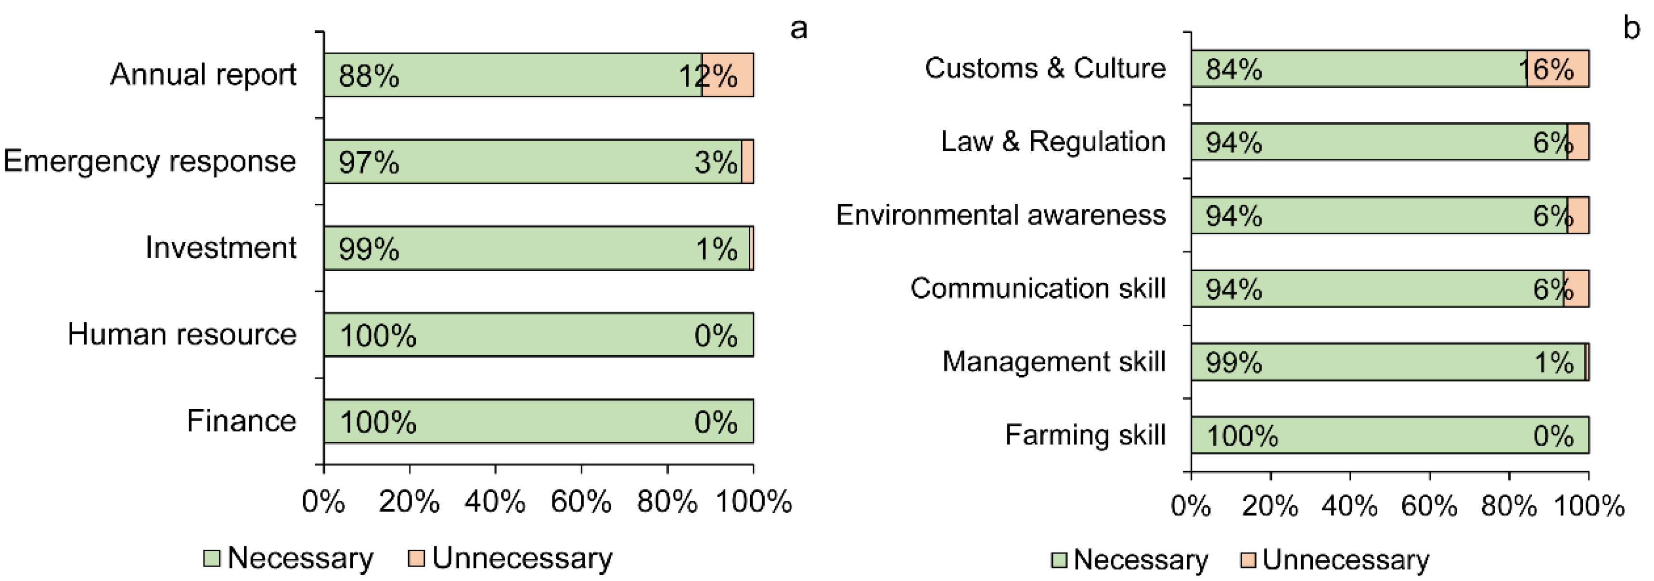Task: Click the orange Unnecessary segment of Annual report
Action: click(728, 75)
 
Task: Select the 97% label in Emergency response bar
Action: click(369, 162)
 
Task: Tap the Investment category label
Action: click(220, 248)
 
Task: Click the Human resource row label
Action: click(182, 334)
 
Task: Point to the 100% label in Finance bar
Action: click(378, 422)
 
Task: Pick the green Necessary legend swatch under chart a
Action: click(211, 558)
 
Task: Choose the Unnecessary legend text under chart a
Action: click(522, 558)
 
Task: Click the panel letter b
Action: click(1631, 29)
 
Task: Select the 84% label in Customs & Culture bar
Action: click(1233, 69)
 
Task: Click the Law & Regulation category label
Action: click(1053, 141)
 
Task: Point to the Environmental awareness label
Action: click(1000, 215)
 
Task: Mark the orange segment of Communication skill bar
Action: click(1577, 289)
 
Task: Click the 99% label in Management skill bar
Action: click(1233, 362)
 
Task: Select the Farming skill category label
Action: click(1085, 435)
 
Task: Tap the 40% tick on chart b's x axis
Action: click(1350, 506)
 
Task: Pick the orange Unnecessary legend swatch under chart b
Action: click(1247, 560)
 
